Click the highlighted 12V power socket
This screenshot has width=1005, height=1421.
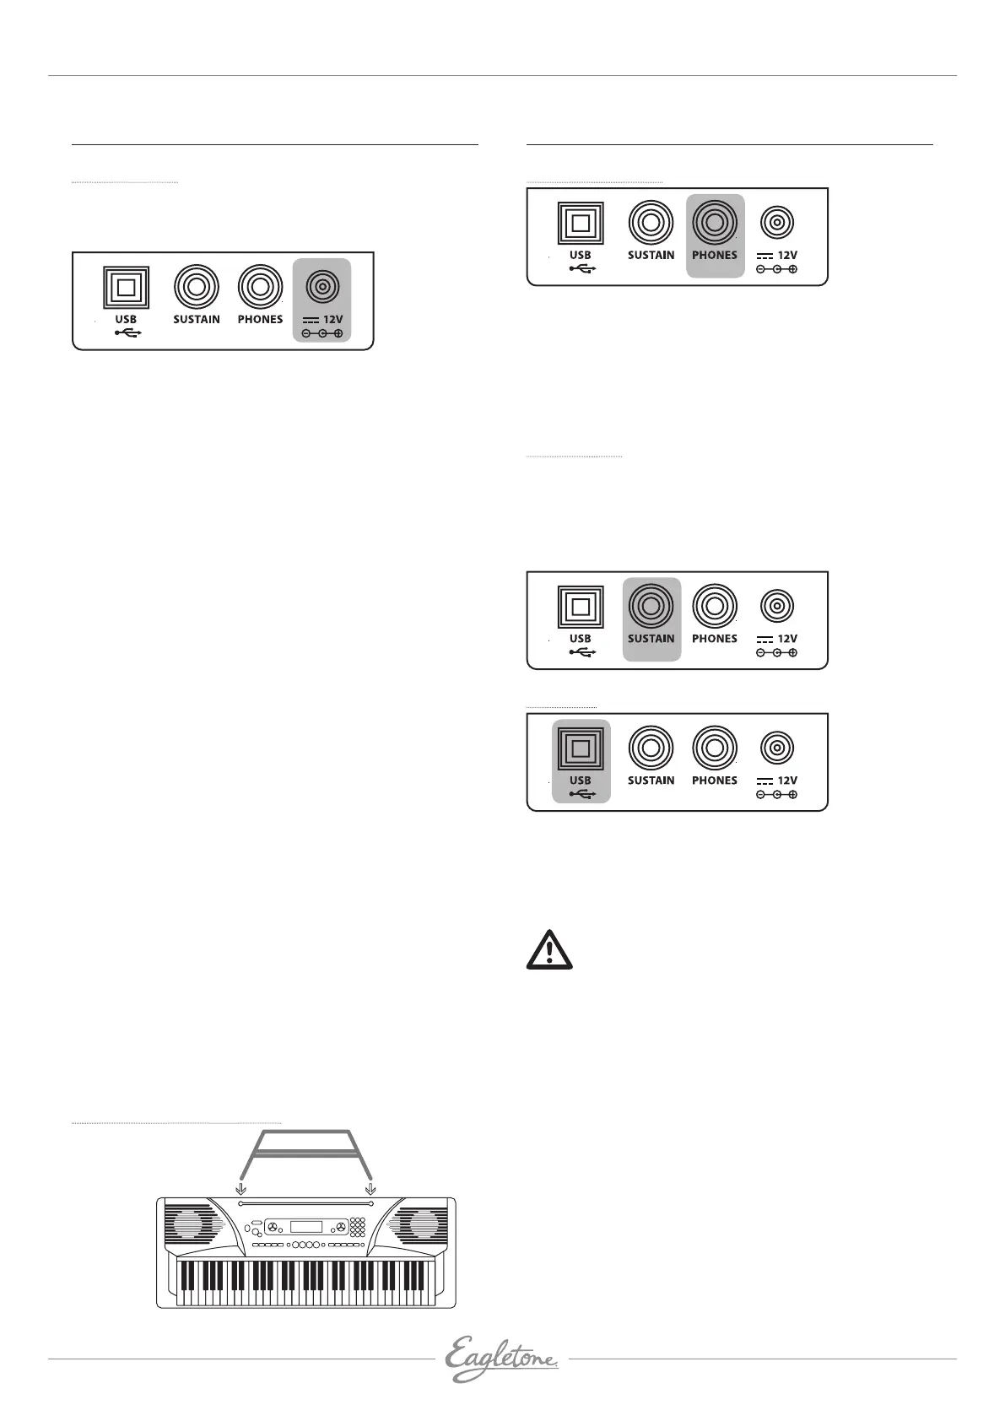pyautogui.click(x=321, y=288)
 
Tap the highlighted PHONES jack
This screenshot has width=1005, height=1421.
pyautogui.click(x=715, y=223)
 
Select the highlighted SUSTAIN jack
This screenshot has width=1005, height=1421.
pyautogui.click(x=651, y=606)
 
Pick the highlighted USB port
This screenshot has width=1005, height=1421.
pyautogui.click(x=581, y=748)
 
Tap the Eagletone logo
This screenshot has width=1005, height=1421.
pyautogui.click(x=502, y=1359)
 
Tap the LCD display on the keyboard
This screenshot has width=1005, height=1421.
pyautogui.click(x=305, y=1226)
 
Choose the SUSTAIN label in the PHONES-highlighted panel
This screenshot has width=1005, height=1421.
pyautogui.click(x=651, y=255)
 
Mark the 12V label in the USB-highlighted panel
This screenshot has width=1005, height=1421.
pyautogui.click(x=787, y=781)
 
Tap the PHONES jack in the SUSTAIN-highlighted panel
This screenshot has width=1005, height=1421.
pyautogui.click(x=715, y=606)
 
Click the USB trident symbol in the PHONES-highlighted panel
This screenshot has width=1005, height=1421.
pyautogui.click(x=581, y=268)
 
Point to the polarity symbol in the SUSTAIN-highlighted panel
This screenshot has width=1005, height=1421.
pyautogui.click(x=776, y=652)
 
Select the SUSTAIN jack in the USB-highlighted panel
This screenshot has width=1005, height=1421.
pyautogui.click(x=651, y=748)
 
